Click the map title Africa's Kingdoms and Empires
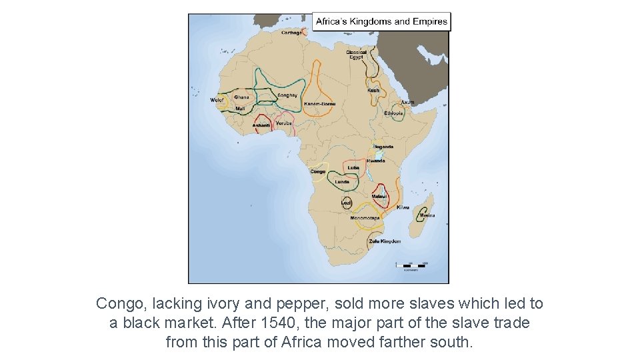(x=381, y=21)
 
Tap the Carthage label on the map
(x=291, y=33)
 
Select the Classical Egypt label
(x=356, y=55)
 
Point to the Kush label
(x=373, y=91)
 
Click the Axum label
(x=407, y=103)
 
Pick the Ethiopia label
(x=393, y=113)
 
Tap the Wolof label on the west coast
(x=217, y=100)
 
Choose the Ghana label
(x=241, y=97)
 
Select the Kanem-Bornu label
(x=319, y=104)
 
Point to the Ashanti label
(x=261, y=125)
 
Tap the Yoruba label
(x=284, y=123)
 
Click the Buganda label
(x=383, y=147)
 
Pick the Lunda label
(x=342, y=181)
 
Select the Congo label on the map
(x=318, y=171)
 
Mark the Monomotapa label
(x=365, y=218)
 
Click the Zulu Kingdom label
(x=385, y=241)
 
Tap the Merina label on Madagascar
(x=427, y=215)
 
